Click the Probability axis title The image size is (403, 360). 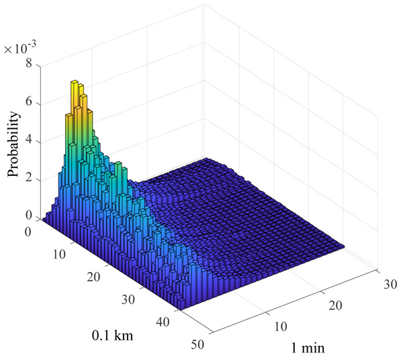coord(14,144)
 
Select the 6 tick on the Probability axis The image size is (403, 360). coord(28,103)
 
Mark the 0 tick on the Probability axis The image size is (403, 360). coord(28,216)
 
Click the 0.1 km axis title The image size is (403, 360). coord(112,335)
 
